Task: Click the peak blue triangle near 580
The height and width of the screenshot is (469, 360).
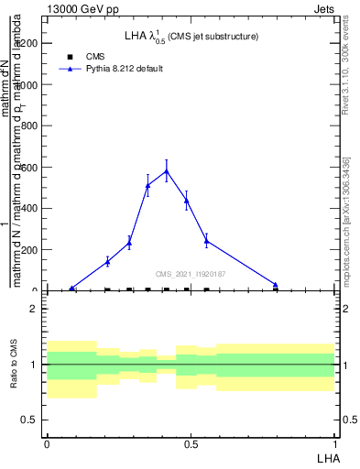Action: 166,170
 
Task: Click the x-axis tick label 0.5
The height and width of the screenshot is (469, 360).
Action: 191,443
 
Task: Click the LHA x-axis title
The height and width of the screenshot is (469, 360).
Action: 327,457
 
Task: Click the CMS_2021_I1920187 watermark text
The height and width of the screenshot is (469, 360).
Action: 191,274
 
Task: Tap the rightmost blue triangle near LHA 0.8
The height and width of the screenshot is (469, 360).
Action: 275,285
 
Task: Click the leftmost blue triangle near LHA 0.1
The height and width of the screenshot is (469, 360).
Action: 72,289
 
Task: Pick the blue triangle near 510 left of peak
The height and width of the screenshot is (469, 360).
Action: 147,186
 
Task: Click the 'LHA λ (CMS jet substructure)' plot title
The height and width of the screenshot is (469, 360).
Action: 191,37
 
